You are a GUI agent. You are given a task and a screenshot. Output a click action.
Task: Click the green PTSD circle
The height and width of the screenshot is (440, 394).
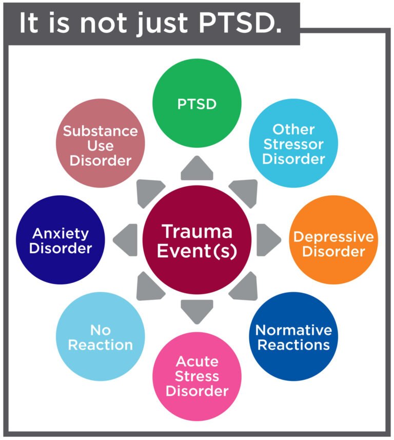point(197,103)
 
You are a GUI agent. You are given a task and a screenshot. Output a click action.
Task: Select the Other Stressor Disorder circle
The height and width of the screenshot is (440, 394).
point(293,143)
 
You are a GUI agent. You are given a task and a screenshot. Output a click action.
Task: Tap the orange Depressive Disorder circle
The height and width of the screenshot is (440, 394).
point(333,240)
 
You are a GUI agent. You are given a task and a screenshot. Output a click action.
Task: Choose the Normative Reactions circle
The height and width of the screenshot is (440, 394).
point(293,336)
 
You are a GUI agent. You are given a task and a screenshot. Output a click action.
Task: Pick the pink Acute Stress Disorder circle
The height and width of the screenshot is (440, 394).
point(197,376)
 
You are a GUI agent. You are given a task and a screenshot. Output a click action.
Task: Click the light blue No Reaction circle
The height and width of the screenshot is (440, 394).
point(101,336)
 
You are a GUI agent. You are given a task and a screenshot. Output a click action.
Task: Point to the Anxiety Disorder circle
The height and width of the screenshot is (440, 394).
point(61,240)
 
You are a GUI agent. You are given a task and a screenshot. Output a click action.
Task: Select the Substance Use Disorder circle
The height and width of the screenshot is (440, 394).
point(101,143)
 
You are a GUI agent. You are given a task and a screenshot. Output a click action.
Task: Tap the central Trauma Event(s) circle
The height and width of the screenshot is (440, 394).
point(197,240)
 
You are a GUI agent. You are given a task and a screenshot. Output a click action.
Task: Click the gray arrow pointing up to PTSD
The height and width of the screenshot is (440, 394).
point(197,168)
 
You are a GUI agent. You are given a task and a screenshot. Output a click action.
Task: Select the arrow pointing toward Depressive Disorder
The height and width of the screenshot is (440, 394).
point(269,240)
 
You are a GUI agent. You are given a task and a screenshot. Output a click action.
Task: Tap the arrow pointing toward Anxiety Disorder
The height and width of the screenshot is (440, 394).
point(125,240)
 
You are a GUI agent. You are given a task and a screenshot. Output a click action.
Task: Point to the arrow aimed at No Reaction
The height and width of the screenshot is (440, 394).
point(150,286)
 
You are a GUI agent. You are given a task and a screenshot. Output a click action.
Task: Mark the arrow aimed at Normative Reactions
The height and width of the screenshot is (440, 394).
point(244,286)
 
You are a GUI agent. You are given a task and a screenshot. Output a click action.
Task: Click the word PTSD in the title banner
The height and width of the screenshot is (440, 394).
point(240,23)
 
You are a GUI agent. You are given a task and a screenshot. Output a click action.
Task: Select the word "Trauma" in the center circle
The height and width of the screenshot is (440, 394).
point(197,231)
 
